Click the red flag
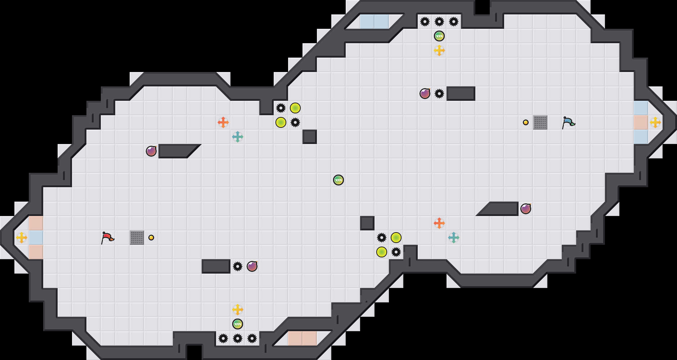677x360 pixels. coord(107,238)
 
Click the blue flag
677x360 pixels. coord(568,122)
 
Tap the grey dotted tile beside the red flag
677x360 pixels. coord(137,238)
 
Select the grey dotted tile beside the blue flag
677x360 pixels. coord(540,122)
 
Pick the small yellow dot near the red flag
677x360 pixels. coord(151,238)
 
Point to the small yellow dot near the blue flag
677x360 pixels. coord(526,122)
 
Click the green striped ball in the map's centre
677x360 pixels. coord(338,180)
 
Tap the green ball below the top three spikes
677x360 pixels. coord(439,36)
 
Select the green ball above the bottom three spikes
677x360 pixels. coord(238,324)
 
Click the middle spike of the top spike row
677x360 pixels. coord(439,22)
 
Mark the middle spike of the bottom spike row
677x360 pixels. coord(238,338)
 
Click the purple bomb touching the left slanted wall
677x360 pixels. coord(151,151)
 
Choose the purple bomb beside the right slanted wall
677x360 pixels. coord(526,209)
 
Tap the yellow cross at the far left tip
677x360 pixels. coord(22,238)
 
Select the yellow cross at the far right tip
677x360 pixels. coord(655,122)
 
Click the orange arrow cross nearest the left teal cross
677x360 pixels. coord(223,122)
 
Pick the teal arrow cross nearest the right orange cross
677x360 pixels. coord(454,238)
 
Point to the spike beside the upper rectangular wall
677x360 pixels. coord(439,94)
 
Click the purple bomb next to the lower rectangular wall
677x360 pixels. coord(252,266)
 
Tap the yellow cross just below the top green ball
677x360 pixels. coord(439,50)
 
